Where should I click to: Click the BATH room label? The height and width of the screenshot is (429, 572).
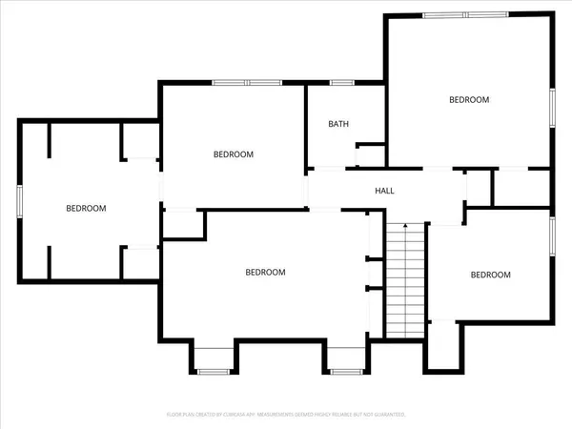[338, 124]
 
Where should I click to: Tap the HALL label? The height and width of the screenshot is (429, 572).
[384, 191]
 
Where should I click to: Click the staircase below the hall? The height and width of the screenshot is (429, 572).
[405, 286]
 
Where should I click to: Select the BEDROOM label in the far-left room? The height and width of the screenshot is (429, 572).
[86, 208]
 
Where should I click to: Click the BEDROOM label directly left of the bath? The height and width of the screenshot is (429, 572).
[233, 154]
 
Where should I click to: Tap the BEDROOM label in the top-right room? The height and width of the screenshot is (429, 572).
[469, 99]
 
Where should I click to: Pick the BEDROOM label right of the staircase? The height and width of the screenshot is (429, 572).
[490, 275]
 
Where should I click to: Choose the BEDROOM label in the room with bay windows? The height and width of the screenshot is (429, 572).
[265, 272]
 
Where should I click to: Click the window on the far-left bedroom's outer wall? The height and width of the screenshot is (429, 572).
[19, 201]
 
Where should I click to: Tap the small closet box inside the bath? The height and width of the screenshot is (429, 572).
[370, 156]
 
